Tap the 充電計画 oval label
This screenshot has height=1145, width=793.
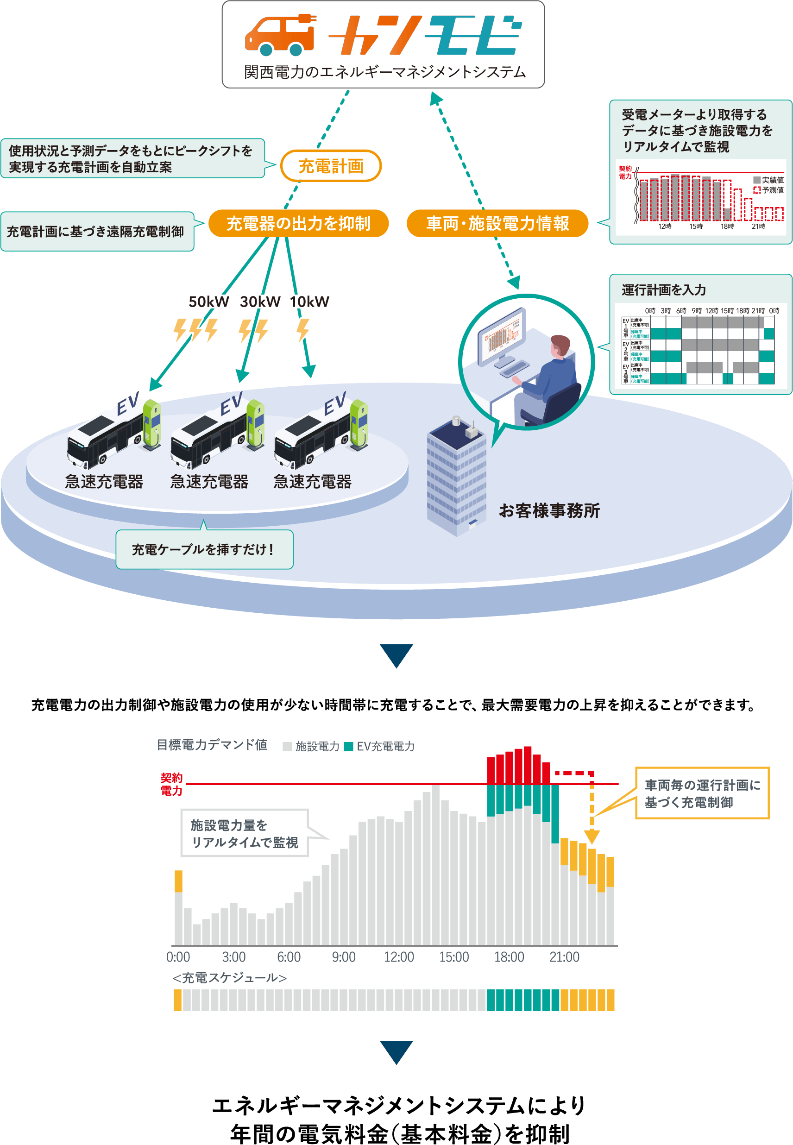331,166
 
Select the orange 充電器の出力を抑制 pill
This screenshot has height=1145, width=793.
298,224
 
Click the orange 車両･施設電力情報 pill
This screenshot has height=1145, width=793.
497,224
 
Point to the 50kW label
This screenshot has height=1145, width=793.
209,302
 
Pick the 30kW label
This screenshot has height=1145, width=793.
260,302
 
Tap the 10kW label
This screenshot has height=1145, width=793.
310,302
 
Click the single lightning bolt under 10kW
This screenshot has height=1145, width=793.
303,330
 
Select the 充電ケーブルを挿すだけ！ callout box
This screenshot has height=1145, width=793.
204,549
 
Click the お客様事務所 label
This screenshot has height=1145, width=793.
549,510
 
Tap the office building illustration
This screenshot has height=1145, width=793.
457,477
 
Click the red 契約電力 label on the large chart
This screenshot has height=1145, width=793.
171,784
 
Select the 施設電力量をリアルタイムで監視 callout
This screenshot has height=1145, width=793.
245,834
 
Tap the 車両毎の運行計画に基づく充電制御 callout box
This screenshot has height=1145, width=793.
702,793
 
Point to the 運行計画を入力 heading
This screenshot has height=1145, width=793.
663,290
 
